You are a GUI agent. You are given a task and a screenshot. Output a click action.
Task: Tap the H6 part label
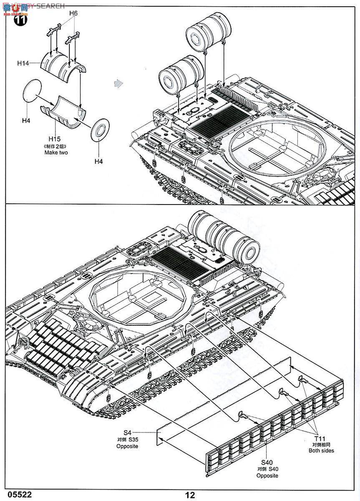coord(73,13)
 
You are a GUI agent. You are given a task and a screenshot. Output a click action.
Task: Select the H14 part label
coord(23,63)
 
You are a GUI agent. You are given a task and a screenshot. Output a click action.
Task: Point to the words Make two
coord(56,153)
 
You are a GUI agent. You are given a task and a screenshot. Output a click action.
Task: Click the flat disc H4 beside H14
coord(32,91)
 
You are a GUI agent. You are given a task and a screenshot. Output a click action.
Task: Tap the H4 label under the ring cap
coord(99,162)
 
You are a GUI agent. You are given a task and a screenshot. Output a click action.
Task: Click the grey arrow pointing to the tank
coord(120,83)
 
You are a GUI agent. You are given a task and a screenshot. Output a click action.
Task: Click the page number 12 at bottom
coord(190,495)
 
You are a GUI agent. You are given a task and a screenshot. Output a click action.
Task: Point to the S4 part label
coord(127,433)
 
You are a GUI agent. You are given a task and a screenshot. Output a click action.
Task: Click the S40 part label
coord(267,462)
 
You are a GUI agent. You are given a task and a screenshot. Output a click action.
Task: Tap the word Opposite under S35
coord(127,446)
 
